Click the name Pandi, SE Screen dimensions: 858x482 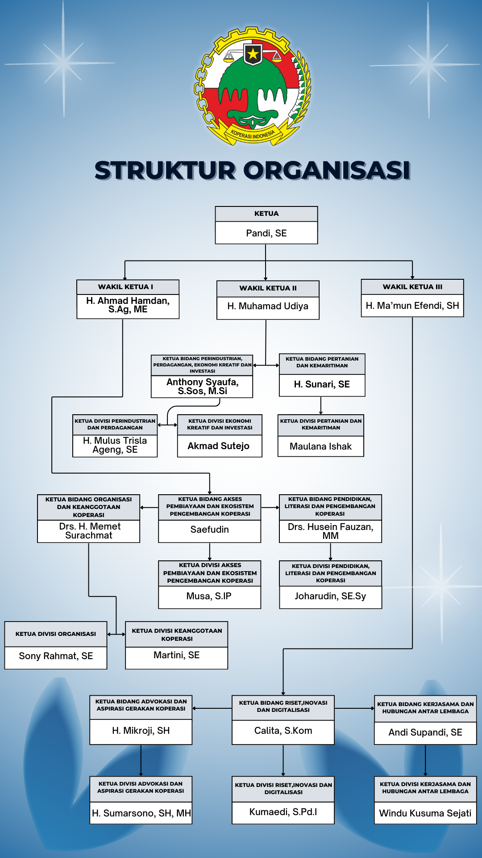266,233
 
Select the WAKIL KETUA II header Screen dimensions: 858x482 268,288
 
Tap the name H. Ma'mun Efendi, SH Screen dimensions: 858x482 412,306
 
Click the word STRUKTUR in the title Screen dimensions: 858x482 165,171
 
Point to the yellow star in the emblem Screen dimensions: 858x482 253,54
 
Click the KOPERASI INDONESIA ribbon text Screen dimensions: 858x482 253,134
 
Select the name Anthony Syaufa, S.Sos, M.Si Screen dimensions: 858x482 202,387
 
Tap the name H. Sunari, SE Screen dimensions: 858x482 322,384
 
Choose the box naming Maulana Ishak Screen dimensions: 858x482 320,446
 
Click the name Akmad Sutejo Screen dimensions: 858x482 219,446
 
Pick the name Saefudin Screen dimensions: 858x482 209,530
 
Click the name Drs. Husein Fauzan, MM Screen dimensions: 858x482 330,531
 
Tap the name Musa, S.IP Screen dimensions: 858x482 209,596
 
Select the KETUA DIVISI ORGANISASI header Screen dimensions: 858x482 56,634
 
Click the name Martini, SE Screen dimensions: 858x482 176,655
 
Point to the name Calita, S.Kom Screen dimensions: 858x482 283,731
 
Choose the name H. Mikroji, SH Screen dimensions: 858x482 141,731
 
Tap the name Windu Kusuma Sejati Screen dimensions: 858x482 425,813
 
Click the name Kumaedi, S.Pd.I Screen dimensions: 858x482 283,812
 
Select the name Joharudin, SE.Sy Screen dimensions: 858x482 330,596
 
